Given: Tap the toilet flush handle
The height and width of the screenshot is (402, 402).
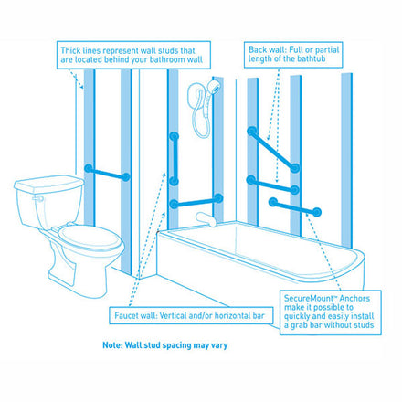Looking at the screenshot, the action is pyautogui.click(x=38, y=199).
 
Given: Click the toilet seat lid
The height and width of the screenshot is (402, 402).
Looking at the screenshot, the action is pyautogui.click(x=90, y=237).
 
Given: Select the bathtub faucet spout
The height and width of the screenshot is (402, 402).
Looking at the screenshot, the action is pyautogui.click(x=206, y=219).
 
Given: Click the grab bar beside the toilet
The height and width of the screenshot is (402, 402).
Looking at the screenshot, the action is pyautogui.click(x=107, y=173).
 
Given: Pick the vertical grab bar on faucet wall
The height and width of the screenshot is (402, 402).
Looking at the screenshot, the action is pyautogui.click(x=175, y=159).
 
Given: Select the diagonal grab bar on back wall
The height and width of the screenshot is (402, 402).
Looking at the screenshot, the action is pyautogui.click(x=273, y=150).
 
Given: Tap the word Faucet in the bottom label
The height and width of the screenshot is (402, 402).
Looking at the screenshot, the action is pyautogui.click(x=126, y=315).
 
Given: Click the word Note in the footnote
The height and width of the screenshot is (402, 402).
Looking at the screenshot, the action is pyautogui.click(x=112, y=345).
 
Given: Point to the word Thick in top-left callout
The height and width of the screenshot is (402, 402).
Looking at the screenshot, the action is pyautogui.click(x=70, y=50).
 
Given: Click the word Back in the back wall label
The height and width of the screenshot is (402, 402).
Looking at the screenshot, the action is pyautogui.click(x=258, y=49).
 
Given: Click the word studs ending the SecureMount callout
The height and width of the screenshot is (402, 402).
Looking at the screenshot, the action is pyautogui.click(x=365, y=325).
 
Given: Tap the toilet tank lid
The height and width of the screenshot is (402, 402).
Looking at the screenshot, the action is pyautogui.click(x=48, y=184).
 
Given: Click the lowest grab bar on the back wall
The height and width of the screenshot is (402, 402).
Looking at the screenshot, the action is pyautogui.click(x=295, y=207).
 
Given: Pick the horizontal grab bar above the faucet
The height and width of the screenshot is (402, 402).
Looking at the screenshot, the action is pyautogui.click(x=196, y=201).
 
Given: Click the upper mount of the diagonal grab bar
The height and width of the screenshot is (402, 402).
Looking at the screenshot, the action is pyautogui.click(x=251, y=132).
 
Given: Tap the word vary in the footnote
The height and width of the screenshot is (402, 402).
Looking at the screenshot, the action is pyautogui.click(x=219, y=345).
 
